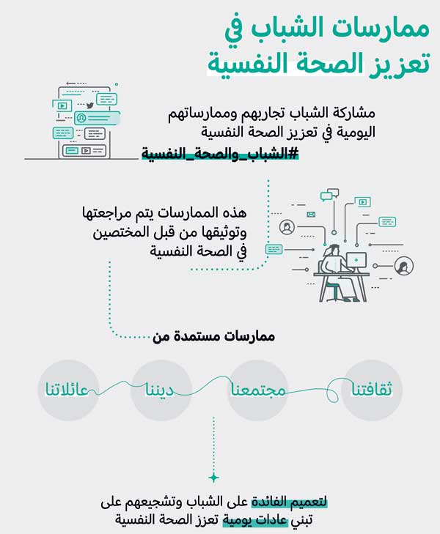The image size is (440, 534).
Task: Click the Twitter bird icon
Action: point(89,105)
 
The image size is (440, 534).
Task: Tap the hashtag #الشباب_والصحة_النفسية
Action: point(220,154)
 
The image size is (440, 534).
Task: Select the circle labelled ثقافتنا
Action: point(372,390)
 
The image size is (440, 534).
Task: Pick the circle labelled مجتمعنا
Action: point(257,390)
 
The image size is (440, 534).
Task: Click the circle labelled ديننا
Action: point(161,390)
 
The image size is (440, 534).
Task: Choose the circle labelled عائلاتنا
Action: point(67,390)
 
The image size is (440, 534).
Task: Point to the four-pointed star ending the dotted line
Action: point(213,478)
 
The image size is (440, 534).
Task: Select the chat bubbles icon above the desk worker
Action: point(329,194)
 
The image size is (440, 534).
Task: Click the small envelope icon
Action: point(311,214)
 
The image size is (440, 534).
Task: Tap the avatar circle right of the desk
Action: point(404,266)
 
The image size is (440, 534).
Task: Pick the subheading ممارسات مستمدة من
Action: point(213,336)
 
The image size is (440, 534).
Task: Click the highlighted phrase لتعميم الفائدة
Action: point(290,502)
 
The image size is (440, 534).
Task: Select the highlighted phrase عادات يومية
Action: point(255,519)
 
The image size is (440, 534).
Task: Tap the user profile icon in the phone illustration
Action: point(81,118)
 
